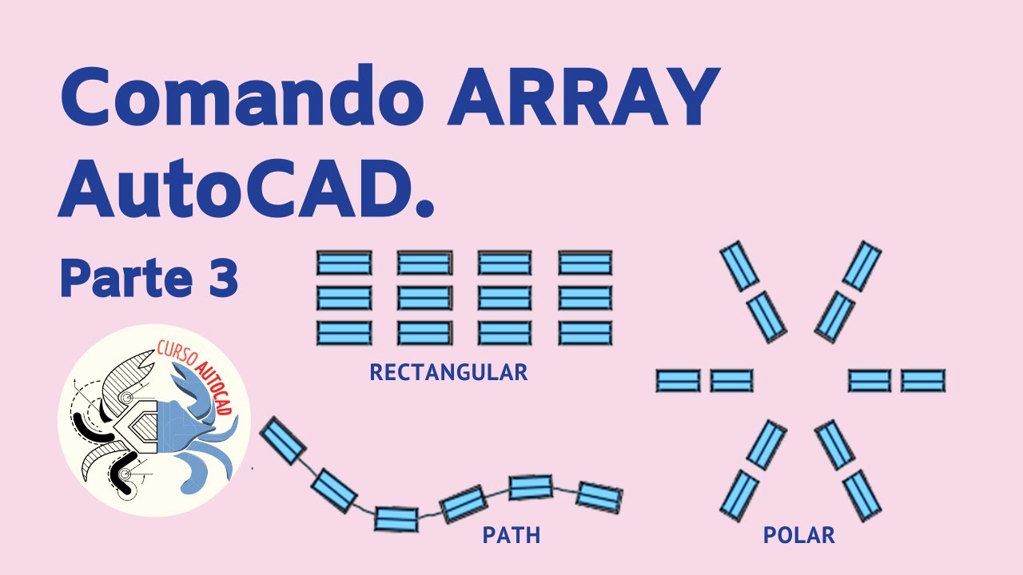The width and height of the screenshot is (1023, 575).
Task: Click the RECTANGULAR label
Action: (x=448, y=372)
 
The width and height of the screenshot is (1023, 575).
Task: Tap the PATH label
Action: (x=511, y=535)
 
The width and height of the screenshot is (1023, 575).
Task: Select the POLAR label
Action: (x=799, y=535)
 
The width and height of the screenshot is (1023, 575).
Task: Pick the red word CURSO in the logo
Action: (x=175, y=356)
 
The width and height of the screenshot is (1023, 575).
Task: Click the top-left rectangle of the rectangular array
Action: (x=344, y=263)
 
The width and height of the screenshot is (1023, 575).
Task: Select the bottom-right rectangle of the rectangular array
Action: (x=586, y=332)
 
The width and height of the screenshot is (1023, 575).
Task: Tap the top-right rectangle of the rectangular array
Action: (x=586, y=263)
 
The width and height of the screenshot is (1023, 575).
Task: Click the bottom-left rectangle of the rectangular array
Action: (x=344, y=332)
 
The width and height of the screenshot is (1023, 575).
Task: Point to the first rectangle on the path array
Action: (x=282, y=441)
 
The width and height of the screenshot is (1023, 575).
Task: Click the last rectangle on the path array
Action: (x=599, y=497)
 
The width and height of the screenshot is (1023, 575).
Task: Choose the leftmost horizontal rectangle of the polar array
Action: (x=678, y=380)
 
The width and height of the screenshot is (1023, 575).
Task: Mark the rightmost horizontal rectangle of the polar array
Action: (x=923, y=380)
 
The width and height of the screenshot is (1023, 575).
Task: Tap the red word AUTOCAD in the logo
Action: (x=214, y=384)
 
